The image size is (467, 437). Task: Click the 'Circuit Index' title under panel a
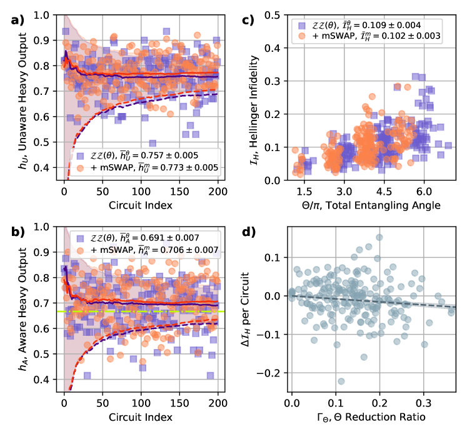click(141, 205)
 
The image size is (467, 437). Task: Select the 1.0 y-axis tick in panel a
click(44, 15)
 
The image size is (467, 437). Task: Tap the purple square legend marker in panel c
click(301, 25)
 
